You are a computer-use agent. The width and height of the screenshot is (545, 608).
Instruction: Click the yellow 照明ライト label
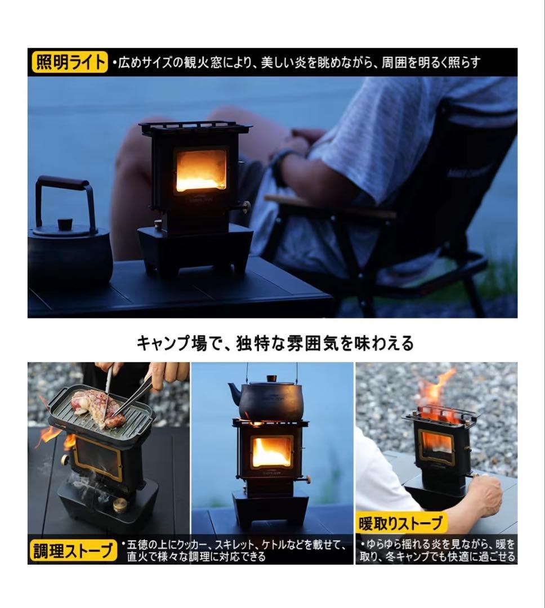coord(69,62)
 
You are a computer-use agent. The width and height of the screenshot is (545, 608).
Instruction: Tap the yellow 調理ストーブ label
coord(73,551)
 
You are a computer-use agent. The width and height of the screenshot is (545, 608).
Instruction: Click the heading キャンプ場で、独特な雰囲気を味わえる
coord(275,342)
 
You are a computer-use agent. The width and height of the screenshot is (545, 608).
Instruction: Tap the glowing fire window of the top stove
coord(201,170)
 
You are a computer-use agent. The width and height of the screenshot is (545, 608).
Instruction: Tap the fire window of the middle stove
coord(271,451)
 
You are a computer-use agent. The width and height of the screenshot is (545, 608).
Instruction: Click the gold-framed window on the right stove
coord(436,446)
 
